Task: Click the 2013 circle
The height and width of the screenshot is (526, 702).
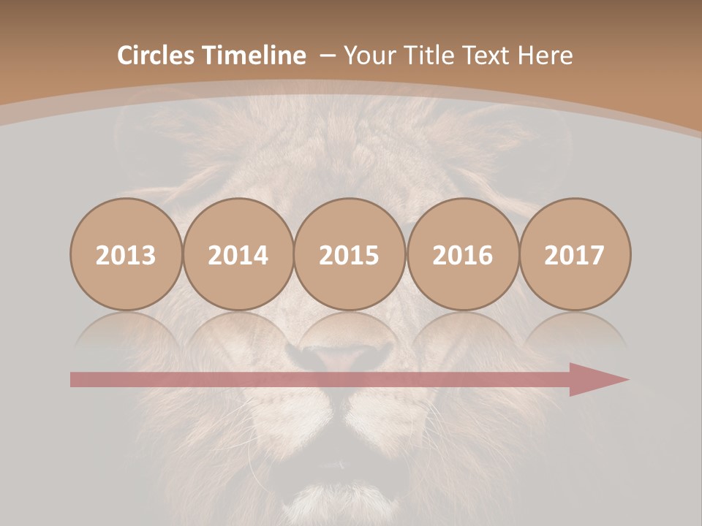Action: [126, 254]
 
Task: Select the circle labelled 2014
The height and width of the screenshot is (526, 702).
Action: [238, 254]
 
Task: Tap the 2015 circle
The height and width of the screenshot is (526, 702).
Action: [350, 254]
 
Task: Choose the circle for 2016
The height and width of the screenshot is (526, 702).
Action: [462, 254]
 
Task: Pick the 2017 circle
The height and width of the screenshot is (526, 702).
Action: [575, 254]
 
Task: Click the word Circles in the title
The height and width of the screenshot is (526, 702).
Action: [156, 56]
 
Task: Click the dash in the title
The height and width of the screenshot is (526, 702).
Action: [327, 56]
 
